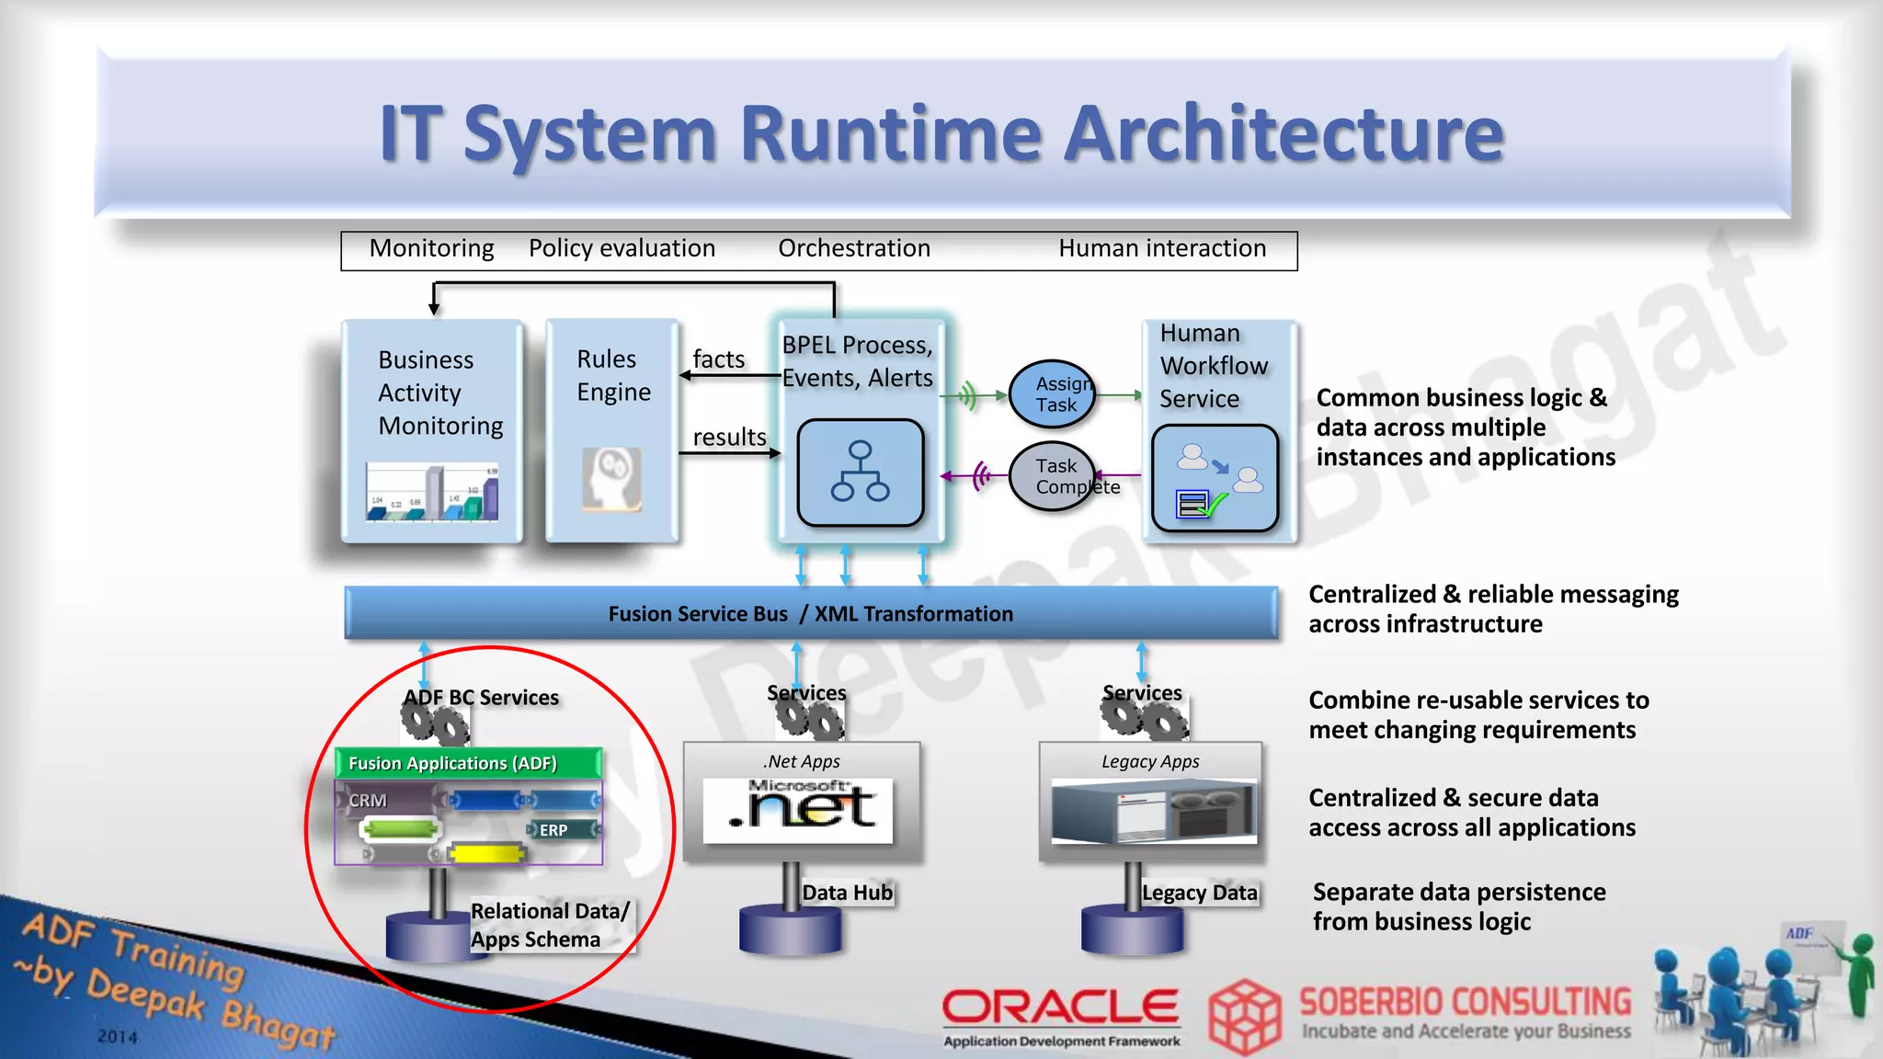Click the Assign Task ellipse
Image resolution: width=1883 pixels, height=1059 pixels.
coord(1053,394)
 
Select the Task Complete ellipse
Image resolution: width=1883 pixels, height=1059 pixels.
coord(1053,476)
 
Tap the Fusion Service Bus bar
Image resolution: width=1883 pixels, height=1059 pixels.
coord(810,613)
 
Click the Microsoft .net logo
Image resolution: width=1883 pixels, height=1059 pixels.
coord(798,809)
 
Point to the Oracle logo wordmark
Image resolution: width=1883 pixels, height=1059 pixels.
coord(1060,1007)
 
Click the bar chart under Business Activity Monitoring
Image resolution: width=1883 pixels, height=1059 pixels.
coord(432,493)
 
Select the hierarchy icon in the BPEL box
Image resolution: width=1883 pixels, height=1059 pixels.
coord(860,473)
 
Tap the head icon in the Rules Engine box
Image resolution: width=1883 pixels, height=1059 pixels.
coord(611,479)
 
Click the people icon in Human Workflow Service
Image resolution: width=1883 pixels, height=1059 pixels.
coord(1215,479)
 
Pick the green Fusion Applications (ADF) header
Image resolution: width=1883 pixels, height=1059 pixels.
coord(468,763)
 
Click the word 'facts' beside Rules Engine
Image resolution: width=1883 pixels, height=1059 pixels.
coord(718,359)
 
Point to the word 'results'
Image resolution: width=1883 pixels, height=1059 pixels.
coord(729,438)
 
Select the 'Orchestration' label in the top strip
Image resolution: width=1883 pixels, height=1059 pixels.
coord(854,248)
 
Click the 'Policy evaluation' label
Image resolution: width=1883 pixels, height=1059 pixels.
coord(622,248)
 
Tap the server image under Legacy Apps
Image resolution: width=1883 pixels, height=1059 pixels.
coord(1153,811)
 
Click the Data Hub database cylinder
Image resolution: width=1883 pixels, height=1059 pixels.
coord(790,929)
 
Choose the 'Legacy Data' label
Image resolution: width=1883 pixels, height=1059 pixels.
coord(1199,893)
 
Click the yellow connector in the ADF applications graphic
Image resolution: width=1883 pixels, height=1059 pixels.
coord(487,855)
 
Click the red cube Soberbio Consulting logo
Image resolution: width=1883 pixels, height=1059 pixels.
coord(1244,1017)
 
